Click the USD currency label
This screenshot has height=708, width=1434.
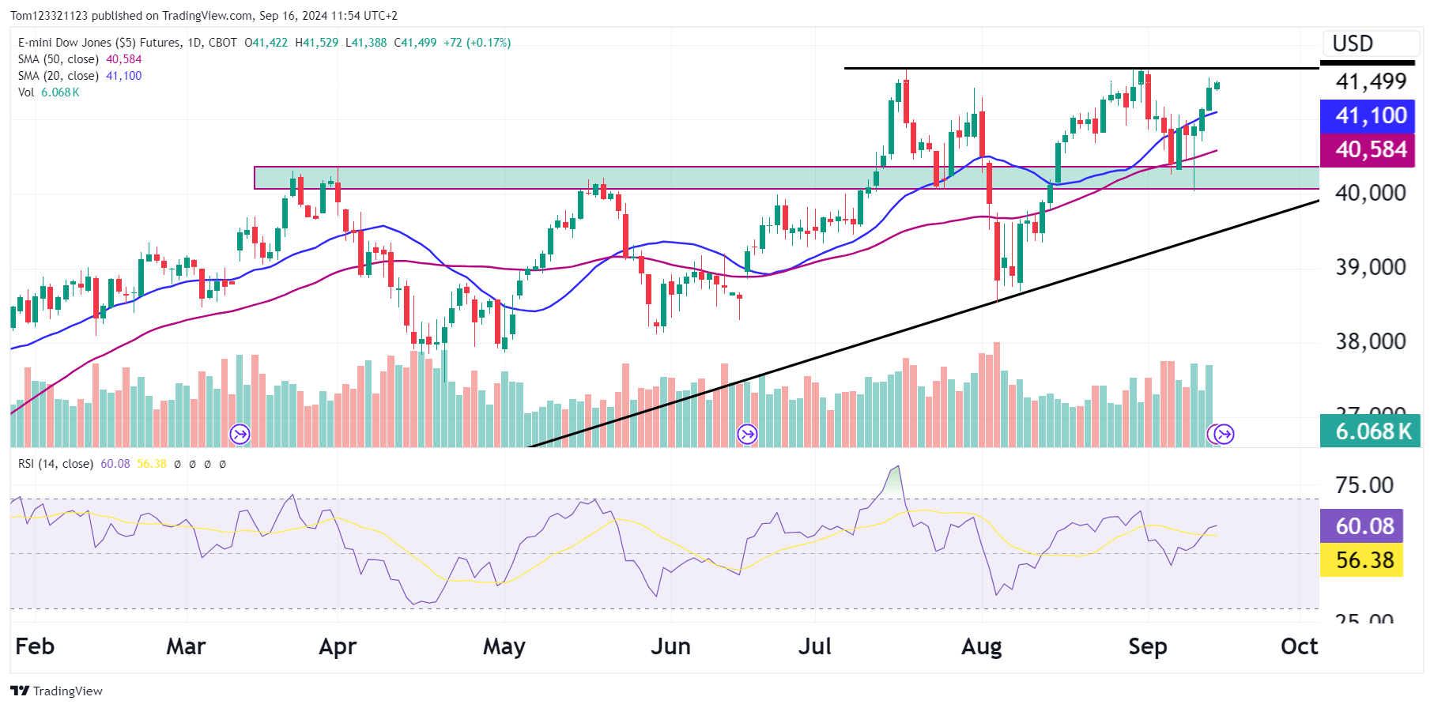[1353, 43]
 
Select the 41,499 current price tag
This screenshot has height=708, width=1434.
[1371, 81]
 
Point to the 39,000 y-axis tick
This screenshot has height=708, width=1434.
[1371, 267]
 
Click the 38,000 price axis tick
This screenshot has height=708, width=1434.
[1371, 341]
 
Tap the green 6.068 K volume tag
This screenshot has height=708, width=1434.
[1370, 431]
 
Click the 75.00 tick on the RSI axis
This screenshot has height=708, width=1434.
[1364, 485]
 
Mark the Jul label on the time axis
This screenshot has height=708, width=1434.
[814, 646]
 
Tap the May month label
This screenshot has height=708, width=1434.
[504, 646]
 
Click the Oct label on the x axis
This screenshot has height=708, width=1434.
[1299, 646]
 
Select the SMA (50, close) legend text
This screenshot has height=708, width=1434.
[58, 59]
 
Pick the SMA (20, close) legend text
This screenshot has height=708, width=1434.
[58, 76]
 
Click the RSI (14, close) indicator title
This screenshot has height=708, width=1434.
[55, 464]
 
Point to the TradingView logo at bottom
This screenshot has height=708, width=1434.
[57, 691]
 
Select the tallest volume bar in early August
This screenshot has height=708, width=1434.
[997, 394]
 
